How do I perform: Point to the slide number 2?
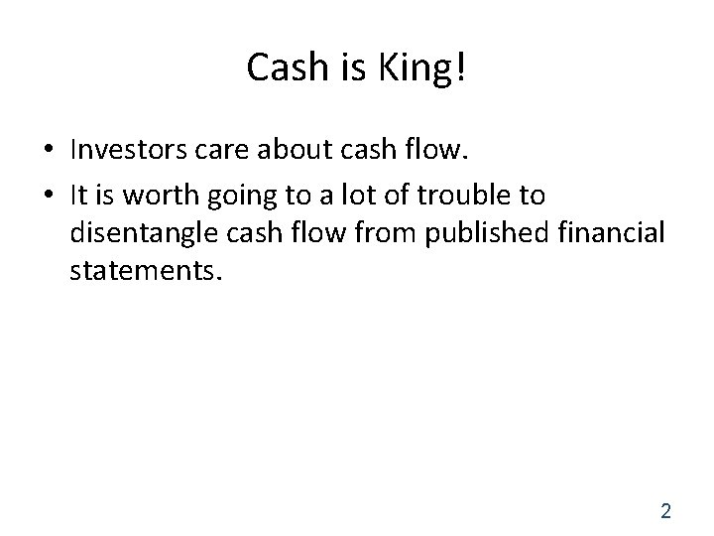click(x=665, y=511)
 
